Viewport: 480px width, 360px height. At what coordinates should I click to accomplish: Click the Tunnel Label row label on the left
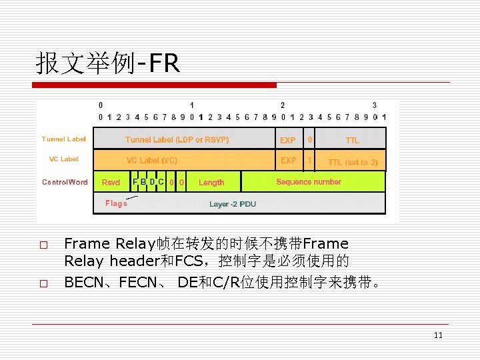click(63, 139)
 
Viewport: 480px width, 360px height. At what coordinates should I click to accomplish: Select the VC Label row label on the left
click(64, 159)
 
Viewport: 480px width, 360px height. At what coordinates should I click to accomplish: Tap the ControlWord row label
click(65, 182)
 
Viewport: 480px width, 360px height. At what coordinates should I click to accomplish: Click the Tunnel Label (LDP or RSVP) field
click(177, 140)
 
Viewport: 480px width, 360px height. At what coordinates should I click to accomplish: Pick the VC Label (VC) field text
click(152, 161)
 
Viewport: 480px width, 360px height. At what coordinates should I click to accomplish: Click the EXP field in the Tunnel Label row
click(288, 141)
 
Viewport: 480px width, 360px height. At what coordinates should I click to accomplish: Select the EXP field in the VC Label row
click(288, 161)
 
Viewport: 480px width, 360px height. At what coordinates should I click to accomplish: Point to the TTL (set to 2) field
click(353, 163)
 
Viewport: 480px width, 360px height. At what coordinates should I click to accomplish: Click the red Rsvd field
click(111, 183)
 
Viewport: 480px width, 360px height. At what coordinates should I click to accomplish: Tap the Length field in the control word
click(211, 183)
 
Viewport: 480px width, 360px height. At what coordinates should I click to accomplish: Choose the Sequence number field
click(309, 182)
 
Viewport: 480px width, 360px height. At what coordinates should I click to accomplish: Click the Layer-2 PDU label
click(232, 204)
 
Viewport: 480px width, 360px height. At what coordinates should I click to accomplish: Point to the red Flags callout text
click(116, 203)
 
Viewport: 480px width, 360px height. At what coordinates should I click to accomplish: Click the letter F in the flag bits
click(135, 181)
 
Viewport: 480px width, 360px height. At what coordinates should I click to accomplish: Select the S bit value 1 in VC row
click(309, 161)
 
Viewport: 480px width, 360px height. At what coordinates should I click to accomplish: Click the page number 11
click(438, 335)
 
